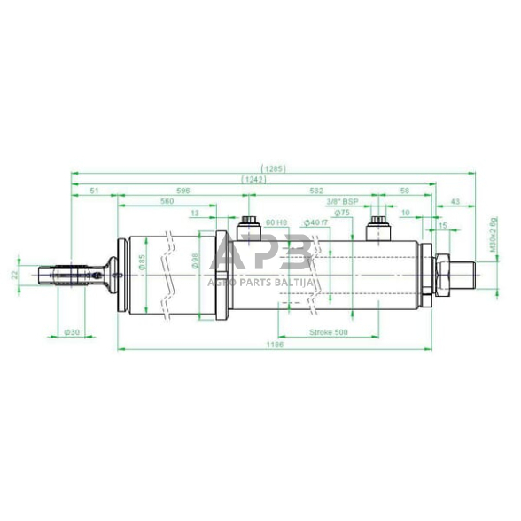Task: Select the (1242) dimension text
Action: (252, 180)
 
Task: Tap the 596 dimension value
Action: (183, 191)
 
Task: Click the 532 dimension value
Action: (316, 191)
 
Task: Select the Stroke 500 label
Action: (328, 333)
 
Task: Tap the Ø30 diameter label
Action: (73, 332)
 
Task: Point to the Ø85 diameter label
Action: (143, 264)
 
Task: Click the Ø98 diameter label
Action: (195, 263)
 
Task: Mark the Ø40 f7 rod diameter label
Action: (315, 223)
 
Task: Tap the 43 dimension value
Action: (455, 202)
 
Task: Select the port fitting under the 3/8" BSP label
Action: (377, 227)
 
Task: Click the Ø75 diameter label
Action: (343, 214)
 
